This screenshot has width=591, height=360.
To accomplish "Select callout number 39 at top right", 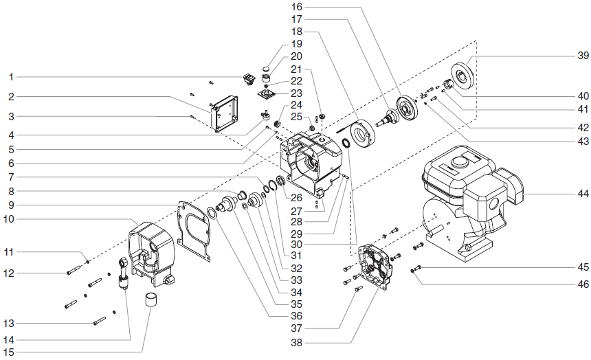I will (582, 55).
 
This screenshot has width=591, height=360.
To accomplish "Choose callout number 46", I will (582, 283).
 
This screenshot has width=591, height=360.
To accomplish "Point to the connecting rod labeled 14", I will (124, 273).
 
